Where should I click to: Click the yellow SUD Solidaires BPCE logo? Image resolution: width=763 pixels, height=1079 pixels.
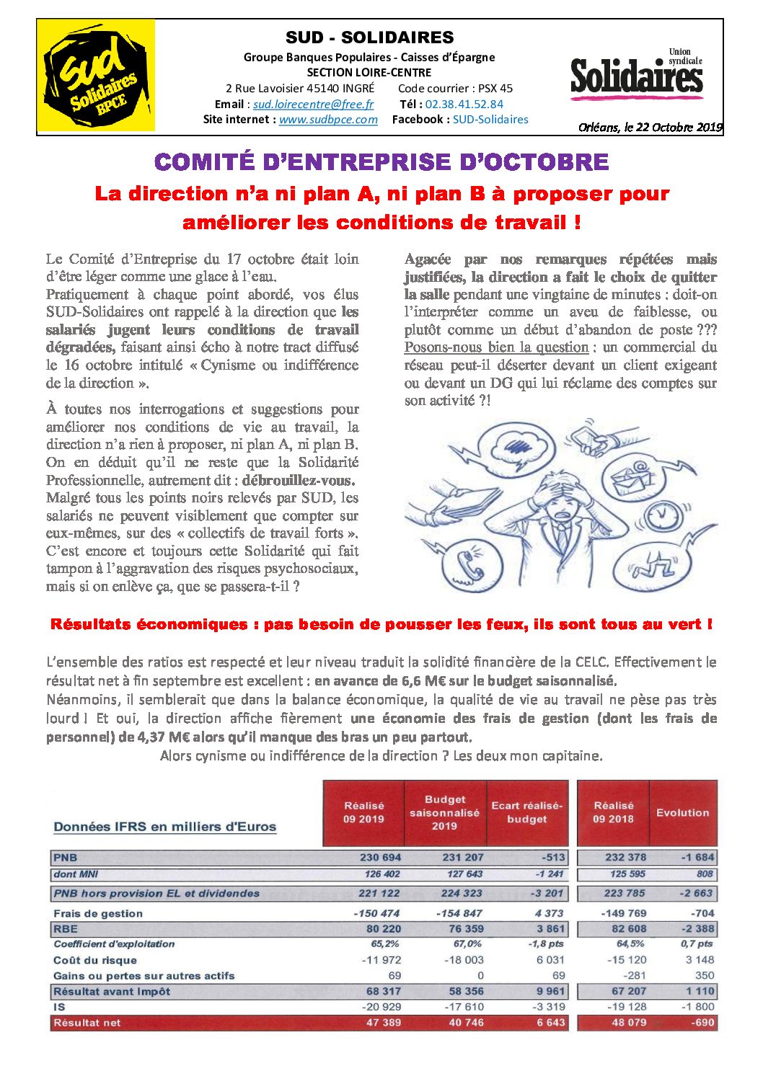coord(96,76)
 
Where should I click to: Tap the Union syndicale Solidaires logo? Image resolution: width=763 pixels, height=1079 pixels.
coord(636,74)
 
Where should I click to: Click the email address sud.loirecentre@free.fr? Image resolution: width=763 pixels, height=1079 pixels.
coord(313,104)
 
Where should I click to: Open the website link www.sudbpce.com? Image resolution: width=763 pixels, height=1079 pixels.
coord(328,120)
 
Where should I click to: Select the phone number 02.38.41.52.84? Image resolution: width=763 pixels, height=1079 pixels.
coord(464,104)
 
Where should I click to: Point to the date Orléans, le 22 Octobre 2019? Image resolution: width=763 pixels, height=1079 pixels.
coord(650,128)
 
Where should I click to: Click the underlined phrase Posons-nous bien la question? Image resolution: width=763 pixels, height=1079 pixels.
coord(496,347)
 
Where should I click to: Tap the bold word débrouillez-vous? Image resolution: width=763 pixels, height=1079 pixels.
coord(299,480)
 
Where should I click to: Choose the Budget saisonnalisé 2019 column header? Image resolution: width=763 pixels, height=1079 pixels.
coord(444,812)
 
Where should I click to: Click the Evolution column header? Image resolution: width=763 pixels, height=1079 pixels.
coord(682,812)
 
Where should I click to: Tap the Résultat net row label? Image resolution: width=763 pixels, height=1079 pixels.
coord(87,1022)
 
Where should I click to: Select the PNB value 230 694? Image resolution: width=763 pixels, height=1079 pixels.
coord(380,858)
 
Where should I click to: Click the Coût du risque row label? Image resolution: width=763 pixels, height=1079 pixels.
coord(94,960)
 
